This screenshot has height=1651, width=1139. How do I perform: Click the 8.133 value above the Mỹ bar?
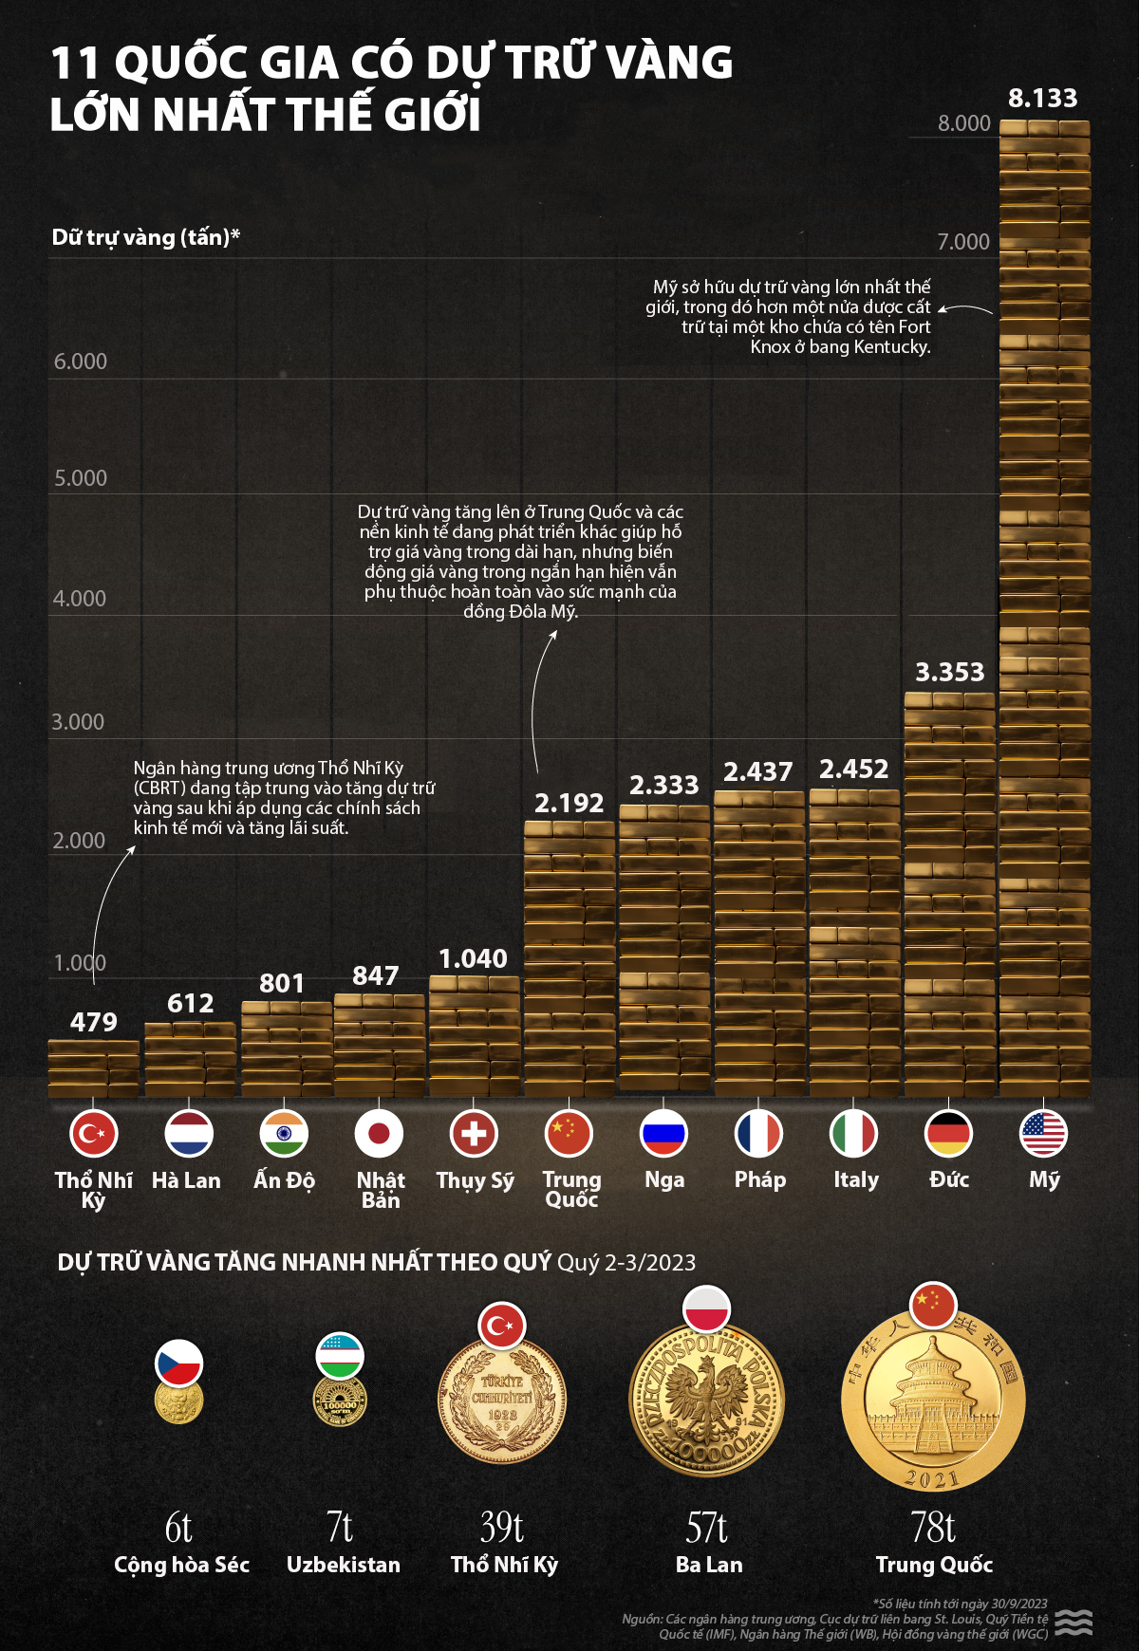click(x=1042, y=99)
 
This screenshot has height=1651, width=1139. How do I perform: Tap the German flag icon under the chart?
click(x=948, y=1133)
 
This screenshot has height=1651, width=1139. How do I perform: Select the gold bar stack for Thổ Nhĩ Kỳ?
click(x=94, y=1068)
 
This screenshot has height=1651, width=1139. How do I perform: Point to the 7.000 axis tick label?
click(x=963, y=242)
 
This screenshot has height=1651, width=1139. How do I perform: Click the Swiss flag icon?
click(x=474, y=1133)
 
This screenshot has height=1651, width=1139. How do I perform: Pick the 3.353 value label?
click(x=949, y=673)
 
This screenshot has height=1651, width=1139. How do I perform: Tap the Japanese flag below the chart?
click(x=379, y=1133)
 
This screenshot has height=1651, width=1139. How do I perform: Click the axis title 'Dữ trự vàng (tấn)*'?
click(x=145, y=237)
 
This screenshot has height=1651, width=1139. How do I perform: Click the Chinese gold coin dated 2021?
click(x=933, y=1402)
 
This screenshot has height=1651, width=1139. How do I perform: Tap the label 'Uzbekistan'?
click(x=344, y=1565)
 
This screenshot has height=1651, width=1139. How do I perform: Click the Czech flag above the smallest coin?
click(x=178, y=1363)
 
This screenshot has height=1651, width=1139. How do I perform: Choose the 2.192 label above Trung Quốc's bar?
click(x=569, y=804)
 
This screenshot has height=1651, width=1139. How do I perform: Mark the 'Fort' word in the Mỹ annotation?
click(x=914, y=326)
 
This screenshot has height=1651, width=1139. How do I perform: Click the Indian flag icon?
click(x=284, y=1133)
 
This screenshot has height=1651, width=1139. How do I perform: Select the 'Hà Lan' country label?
click(x=186, y=1180)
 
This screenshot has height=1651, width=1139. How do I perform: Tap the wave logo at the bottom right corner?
click(x=1074, y=1622)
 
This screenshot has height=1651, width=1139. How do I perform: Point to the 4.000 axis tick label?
click(x=80, y=599)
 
